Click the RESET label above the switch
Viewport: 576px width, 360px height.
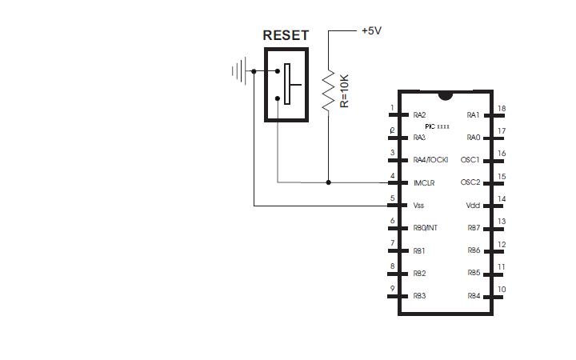286,36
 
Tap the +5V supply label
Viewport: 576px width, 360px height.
371,30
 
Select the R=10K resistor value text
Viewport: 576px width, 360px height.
345,91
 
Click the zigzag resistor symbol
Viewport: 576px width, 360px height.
328,90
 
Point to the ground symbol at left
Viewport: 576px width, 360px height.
238,71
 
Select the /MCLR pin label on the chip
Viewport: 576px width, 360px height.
424,182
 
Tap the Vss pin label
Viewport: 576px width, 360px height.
419,206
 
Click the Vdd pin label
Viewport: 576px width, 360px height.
473,206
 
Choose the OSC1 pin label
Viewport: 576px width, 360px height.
470,160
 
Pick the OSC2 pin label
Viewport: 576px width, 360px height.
470,182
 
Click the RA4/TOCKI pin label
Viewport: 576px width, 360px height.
430,160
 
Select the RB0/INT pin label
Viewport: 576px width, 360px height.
426,228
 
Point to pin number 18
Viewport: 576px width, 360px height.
502,109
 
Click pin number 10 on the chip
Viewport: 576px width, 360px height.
502,290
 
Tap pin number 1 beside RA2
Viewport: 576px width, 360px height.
392,108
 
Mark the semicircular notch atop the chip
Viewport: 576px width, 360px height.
446,96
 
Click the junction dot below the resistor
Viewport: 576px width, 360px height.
328,182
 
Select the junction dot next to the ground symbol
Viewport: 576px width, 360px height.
254,71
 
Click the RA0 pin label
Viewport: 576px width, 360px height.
473,138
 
